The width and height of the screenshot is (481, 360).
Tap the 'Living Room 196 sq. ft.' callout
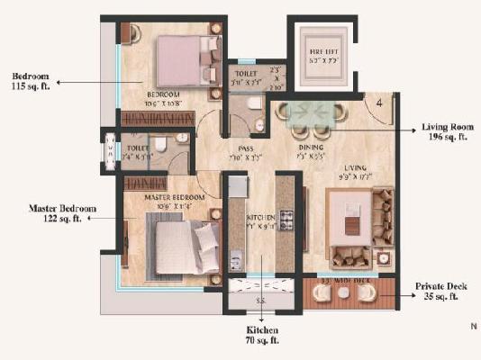point(445,133)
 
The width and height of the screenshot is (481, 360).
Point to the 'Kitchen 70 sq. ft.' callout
point(261,337)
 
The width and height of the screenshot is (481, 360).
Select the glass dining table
point(311,114)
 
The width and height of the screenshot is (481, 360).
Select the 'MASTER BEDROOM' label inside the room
point(165,196)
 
